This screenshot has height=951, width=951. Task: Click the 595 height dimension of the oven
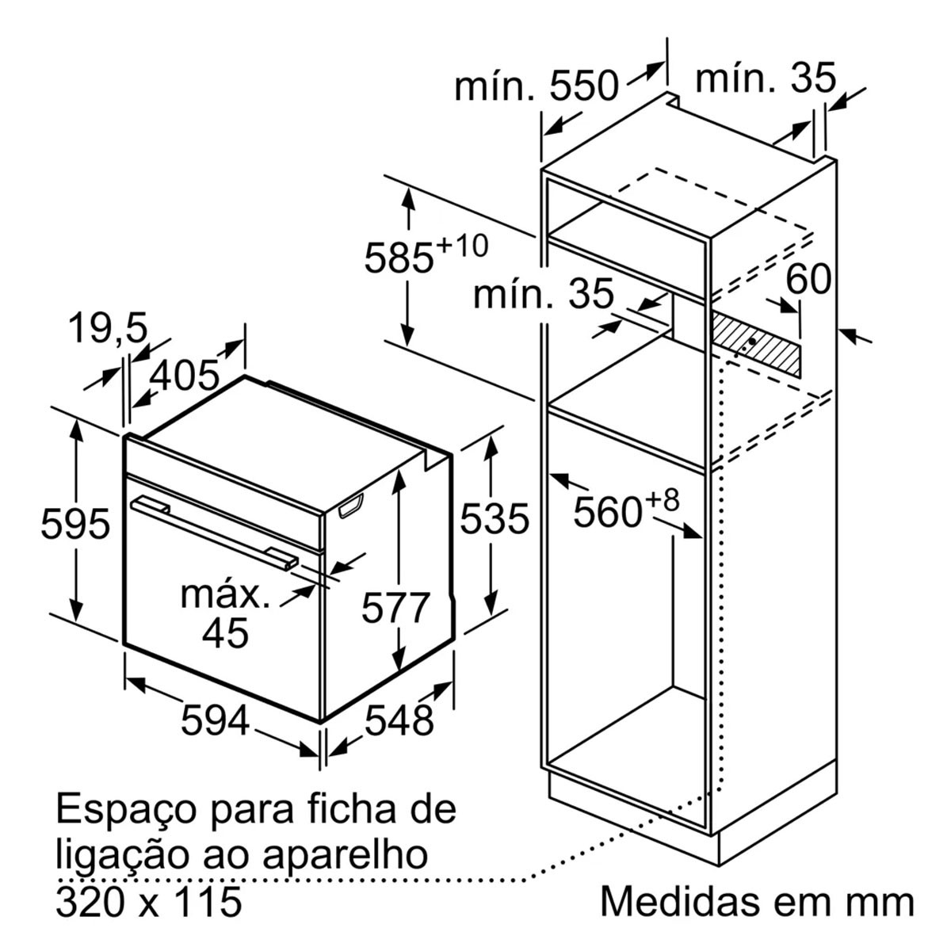click(x=75, y=523)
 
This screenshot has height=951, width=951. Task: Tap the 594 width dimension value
click(x=216, y=721)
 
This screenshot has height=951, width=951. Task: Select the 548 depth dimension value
click(x=399, y=721)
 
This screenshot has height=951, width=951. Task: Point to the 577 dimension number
click(x=395, y=608)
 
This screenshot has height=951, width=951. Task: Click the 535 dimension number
click(x=495, y=518)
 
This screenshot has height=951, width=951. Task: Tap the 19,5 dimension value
click(x=108, y=329)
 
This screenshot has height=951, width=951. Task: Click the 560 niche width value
click(x=608, y=513)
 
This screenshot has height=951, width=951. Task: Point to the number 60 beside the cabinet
click(x=808, y=279)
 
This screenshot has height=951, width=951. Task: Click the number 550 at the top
click(x=584, y=86)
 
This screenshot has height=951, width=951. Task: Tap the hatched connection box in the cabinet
click(x=755, y=342)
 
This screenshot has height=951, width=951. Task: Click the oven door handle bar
click(x=215, y=533)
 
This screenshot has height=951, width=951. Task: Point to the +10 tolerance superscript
click(x=462, y=246)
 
